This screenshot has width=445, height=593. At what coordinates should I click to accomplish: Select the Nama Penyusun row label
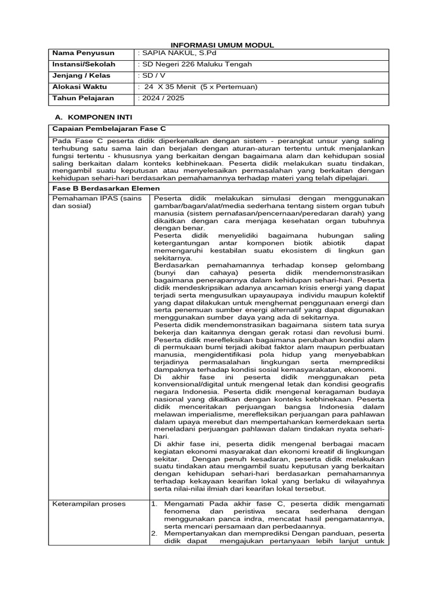pos(76,53)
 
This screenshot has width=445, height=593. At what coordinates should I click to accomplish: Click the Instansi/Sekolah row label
pos(83,64)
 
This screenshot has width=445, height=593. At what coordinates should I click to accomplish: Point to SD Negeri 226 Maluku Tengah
pos(197,64)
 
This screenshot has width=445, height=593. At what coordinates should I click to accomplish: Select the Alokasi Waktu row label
pos(77,87)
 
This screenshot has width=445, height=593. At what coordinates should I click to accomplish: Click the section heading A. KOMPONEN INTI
pos(97,117)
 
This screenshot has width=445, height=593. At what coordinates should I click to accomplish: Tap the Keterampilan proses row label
pos(89,504)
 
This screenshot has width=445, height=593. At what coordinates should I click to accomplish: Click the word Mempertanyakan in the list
pos(193,533)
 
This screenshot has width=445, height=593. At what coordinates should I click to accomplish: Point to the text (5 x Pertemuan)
pos(229,87)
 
